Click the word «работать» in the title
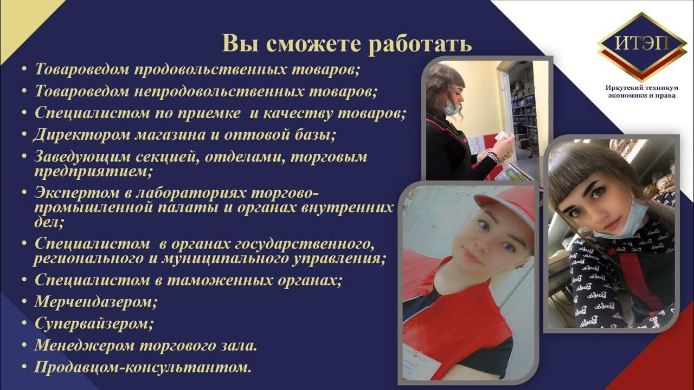[420, 44]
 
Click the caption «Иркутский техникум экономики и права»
[641, 92]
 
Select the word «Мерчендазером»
[95, 301]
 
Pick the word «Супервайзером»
[94, 323]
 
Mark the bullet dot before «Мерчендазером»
[24, 302]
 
